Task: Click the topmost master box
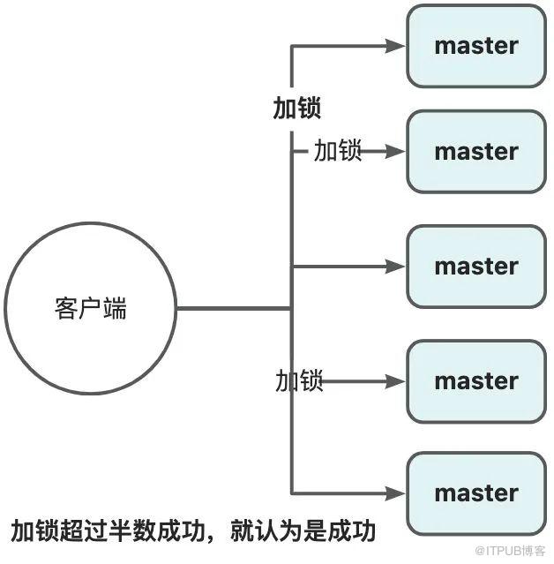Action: click(x=476, y=46)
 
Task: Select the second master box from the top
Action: click(x=476, y=152)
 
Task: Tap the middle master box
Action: click(x=476, y=267)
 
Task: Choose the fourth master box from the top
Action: click(x=476, y=381)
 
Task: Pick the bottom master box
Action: click(x=476, y=493)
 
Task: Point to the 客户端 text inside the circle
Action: click(x=91, y=308)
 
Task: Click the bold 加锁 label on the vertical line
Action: click(x=297, y=108)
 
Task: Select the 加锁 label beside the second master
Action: click(x=338, y=150)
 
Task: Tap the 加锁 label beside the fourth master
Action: click(x=299, y=380)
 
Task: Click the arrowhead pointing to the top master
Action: click(x=395, y=46)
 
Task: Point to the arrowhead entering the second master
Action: click(x=395, y=152)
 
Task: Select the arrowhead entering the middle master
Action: click(x=395, y=267)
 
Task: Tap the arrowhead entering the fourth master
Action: click(x=395, y=381)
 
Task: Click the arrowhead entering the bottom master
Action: click(x=395, y=493)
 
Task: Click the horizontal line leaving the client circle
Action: click(x=234, y=308)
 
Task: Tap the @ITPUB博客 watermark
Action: click(x=510, y=551)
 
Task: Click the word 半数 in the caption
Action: click(x=132, y=531)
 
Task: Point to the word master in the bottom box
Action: click(x=476, y=493)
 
